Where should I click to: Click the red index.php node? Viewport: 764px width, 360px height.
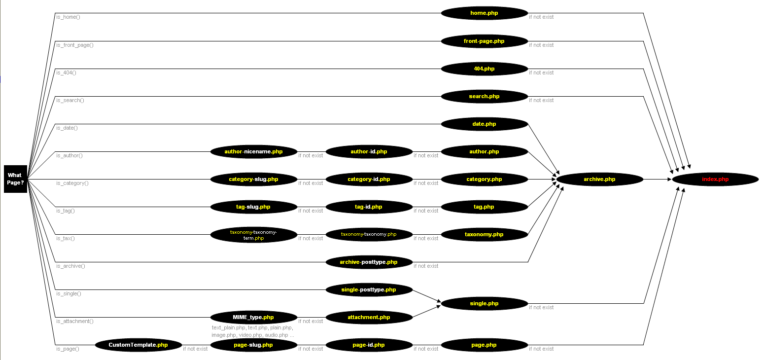pyautogui.click(x=715, y=180)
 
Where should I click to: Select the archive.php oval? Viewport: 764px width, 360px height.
pyautogui.click(x=599, y=180)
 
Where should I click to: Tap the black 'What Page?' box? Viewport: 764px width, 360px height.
pyautogui.click(x=15, y=179)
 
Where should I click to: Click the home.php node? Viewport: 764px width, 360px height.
pyautogui.click(x=484, y=13)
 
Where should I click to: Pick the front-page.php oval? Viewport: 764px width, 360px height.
pyautogui.click(x=484, y=41)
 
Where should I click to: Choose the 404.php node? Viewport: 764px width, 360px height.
pyautogui.click(x=484, y=69)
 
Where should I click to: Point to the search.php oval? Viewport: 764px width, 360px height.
pyautogui.click(x=484, y=97)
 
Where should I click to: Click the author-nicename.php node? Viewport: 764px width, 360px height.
pyautogui.click(x=253, y=152)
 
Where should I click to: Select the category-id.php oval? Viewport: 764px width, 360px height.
pyautogui.click(x=369, y=180)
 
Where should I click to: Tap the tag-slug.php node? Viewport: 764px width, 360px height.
pyautogui.click(x=253, y=207)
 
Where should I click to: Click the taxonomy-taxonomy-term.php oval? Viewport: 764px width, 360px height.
pyautogui.click(x=253, y=235)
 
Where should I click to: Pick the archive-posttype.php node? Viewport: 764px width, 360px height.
pyautogui.click(x=369, y=262)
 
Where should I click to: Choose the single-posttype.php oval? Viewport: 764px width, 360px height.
pyautogui.click(x=369, y=290)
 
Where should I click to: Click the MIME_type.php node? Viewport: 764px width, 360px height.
pyautogui.click(x=253, y=318)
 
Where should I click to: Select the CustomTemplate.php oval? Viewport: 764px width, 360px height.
pyautogui.click(x=138, y=345)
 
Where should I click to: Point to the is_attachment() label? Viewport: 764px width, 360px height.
pyautogui.click(x=74, y=322)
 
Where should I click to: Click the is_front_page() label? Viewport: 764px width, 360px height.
pyautogui.click(x=74, y=45)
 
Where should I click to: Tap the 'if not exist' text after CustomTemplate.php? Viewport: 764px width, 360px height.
pyautogui.click(x=195, y=349)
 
